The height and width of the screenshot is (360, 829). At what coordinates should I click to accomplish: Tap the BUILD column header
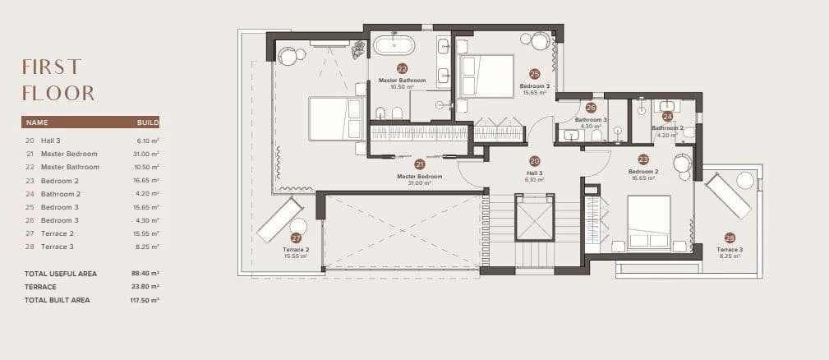click(148, 122)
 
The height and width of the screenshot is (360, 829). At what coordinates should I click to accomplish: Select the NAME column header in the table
click(38, 122)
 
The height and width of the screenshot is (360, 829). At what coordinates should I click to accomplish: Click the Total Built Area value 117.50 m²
click(145, 300)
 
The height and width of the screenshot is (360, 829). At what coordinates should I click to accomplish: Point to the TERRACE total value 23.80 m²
click(146, 287)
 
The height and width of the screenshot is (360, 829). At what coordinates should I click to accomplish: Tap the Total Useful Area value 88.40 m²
click(146, 273)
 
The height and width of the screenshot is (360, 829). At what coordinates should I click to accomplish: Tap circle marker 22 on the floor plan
click(402, 69)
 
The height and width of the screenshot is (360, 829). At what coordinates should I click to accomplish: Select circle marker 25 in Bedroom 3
click(534, 73)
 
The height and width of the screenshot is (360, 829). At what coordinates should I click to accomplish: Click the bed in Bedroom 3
click(485, 76)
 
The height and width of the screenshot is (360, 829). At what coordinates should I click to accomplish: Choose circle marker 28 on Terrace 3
click(730, 238)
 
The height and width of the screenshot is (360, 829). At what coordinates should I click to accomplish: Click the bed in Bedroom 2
click(650, 220)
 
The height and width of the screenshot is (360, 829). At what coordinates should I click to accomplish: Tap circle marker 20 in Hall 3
click(534, 161)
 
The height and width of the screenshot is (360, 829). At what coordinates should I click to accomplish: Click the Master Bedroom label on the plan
click(419, 177)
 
